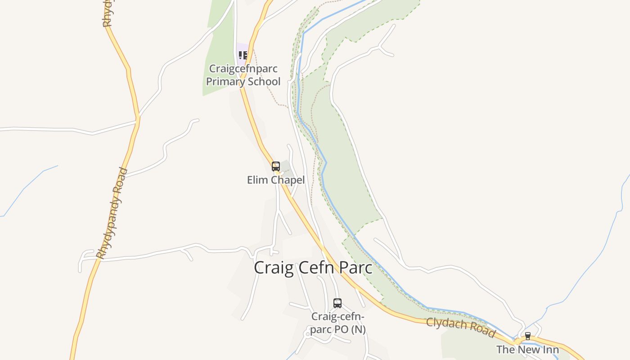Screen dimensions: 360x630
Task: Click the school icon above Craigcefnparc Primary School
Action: tap(243, 55)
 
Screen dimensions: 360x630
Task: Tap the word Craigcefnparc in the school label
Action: tap(243, 69)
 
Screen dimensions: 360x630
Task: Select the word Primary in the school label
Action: tap(224, 81)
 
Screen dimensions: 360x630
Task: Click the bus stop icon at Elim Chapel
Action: tap(276, 166)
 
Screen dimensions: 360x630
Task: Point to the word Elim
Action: tap(256, 180)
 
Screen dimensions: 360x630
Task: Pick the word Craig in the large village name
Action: tap(270, 267)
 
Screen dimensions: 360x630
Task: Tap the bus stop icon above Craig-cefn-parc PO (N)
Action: tap(337, 303)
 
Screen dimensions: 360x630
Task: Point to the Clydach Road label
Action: tap(460, 327)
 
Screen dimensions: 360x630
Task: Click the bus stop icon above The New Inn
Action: tap(528, 336)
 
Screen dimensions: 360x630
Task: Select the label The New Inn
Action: tap(527, 350)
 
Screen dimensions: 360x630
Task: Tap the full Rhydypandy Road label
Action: tap(112, 214)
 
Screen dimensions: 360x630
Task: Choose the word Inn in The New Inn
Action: tap(551, 350)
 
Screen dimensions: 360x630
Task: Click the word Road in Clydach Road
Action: tap(481, 331)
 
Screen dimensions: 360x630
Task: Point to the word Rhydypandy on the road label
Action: tap(108, 225)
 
